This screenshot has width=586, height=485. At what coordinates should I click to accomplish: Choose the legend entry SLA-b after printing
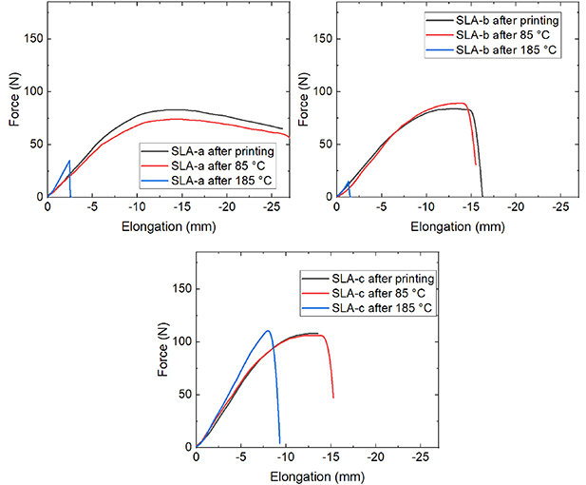[510, 19]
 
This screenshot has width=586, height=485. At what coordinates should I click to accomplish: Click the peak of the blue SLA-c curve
[268, 331]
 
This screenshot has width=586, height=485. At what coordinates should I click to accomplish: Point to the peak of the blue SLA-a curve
[69, 161]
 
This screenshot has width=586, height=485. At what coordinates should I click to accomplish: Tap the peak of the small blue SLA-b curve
[349, 181]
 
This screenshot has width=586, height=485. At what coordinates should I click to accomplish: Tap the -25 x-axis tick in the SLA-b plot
[560, 206]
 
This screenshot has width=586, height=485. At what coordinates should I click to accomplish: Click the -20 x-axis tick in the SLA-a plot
[226, 206]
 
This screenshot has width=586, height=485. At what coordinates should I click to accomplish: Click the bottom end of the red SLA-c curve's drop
[332, 398]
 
